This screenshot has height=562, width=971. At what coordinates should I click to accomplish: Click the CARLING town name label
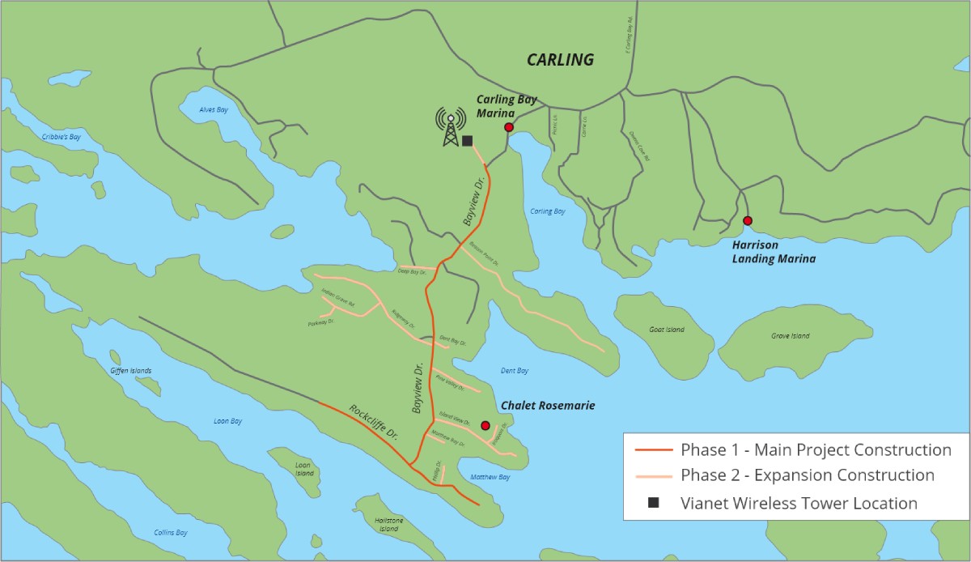coord(560,60)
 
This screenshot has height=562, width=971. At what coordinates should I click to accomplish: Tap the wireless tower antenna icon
coord(449,128)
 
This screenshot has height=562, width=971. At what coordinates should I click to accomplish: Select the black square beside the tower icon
coord(467,141)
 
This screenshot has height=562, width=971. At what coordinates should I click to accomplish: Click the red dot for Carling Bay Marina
coord(509,127)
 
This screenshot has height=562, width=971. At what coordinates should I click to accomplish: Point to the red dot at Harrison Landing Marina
coord(748,220)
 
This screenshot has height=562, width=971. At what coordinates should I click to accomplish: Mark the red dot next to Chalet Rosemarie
coord(485,425)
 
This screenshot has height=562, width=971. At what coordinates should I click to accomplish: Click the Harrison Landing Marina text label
coord(774,252)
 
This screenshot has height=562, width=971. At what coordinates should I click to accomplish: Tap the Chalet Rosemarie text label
coord(548,406)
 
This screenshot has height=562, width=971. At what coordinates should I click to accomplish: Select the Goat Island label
coord(667,330)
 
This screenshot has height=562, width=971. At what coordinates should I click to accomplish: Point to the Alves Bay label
coord(214,110)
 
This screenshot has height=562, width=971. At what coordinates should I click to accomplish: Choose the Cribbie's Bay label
coord(61,138)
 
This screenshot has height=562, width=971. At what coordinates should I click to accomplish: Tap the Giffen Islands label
coord(130,371)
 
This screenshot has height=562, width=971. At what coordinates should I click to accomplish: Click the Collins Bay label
coord(171,533)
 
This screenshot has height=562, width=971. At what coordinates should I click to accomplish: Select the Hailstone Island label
coord(388,525)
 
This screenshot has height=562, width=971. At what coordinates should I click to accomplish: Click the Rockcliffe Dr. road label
coord(373,421)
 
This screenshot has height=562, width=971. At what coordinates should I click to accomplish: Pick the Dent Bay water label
coord(514,371)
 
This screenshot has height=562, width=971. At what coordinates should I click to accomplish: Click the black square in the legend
coord(653,503)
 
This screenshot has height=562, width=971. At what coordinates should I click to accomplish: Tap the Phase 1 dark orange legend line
coord(654,450)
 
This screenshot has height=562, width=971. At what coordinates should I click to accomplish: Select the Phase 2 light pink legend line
coord(654,475)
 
